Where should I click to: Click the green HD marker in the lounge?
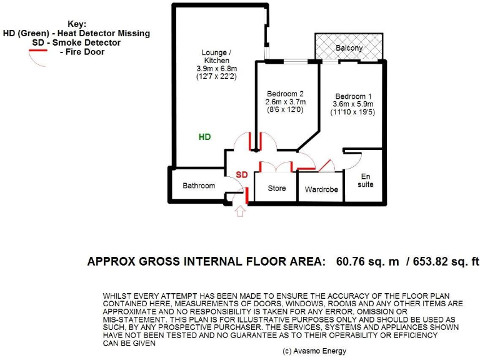204,136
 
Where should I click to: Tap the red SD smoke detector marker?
241,174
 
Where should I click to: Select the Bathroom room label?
199,186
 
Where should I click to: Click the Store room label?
276,188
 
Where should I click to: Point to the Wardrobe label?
321,189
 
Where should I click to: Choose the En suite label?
366,181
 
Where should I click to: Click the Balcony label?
349,48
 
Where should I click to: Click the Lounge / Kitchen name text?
216,56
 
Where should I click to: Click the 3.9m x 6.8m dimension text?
216,68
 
